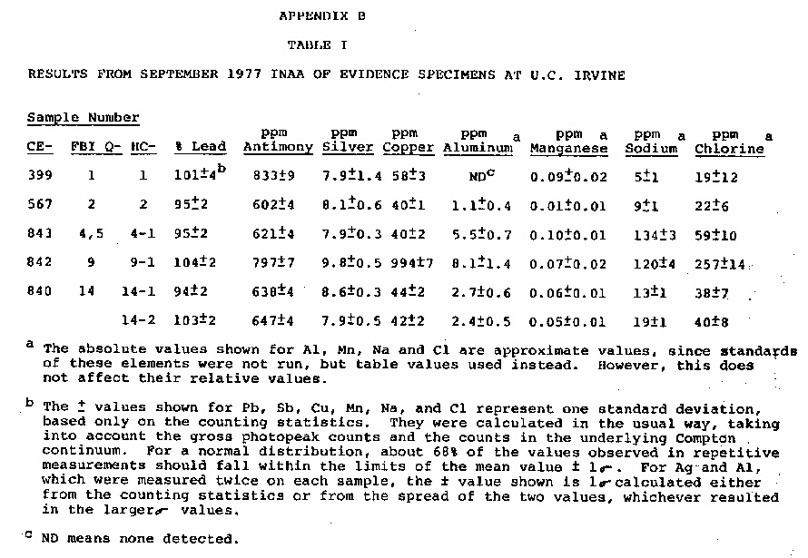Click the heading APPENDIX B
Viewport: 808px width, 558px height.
[322, 15]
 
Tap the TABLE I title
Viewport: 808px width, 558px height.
[316, 44]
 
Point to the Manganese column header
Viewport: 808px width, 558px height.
[568, 149]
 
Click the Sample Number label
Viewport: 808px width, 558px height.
[84, 118]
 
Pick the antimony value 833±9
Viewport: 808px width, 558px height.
[273, 177]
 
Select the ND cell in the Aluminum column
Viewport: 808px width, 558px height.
[478, 177]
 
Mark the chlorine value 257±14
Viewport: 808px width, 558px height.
[720, 264]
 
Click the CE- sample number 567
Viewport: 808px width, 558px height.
[40, 206]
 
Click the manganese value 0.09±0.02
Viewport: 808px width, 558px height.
[567, 177]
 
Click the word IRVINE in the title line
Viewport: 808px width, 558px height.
[599, 75]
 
